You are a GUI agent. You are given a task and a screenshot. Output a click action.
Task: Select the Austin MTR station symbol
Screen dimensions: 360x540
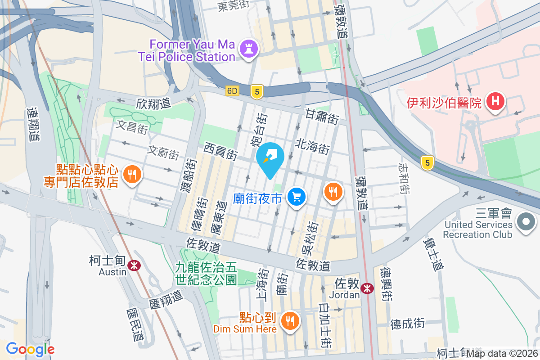point(134,265)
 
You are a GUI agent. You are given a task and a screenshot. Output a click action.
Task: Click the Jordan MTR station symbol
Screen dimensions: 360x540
point(368,288)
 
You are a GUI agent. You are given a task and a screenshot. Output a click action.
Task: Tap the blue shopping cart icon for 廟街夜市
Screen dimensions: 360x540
point(296,197)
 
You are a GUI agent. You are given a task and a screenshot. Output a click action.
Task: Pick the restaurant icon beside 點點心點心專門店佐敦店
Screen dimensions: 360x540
point(131,174)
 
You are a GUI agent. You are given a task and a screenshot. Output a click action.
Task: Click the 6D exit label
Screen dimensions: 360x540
point(232,91)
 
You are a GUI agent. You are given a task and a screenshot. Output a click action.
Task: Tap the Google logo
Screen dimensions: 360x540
point(31,349)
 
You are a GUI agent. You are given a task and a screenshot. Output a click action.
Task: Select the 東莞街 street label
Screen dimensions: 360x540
point(233,6)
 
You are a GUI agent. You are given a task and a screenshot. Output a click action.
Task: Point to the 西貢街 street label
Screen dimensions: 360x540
point(220,151)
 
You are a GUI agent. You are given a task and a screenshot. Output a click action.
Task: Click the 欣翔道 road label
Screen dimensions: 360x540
point(153,103)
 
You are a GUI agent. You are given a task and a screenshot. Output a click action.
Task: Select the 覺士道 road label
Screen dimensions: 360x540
point(433,255)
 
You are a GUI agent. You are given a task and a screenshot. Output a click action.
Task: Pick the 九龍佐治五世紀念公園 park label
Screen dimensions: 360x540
point(206,274)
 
